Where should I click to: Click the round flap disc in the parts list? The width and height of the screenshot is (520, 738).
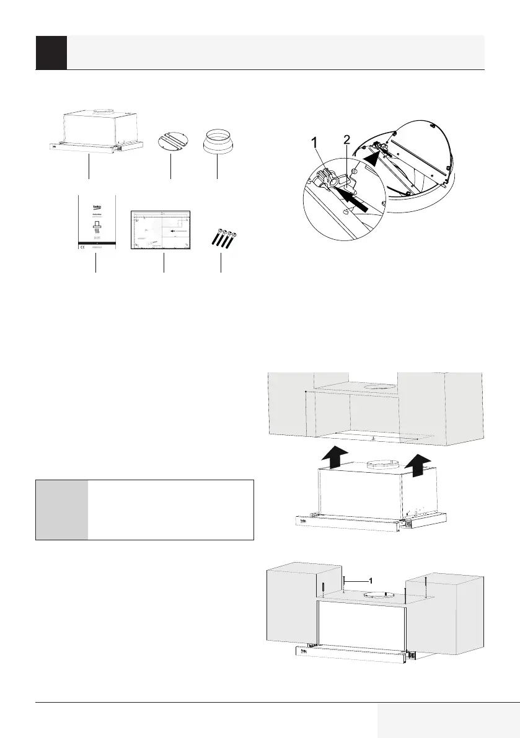(x=170, y=140)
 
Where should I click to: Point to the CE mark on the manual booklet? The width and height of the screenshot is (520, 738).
(x=81, y=247)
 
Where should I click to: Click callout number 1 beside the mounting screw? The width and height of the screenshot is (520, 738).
(x=370, y=581)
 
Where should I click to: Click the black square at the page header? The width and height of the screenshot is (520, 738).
(x=51, y=53)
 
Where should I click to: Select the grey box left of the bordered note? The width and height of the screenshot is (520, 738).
(x=61, y=509)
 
